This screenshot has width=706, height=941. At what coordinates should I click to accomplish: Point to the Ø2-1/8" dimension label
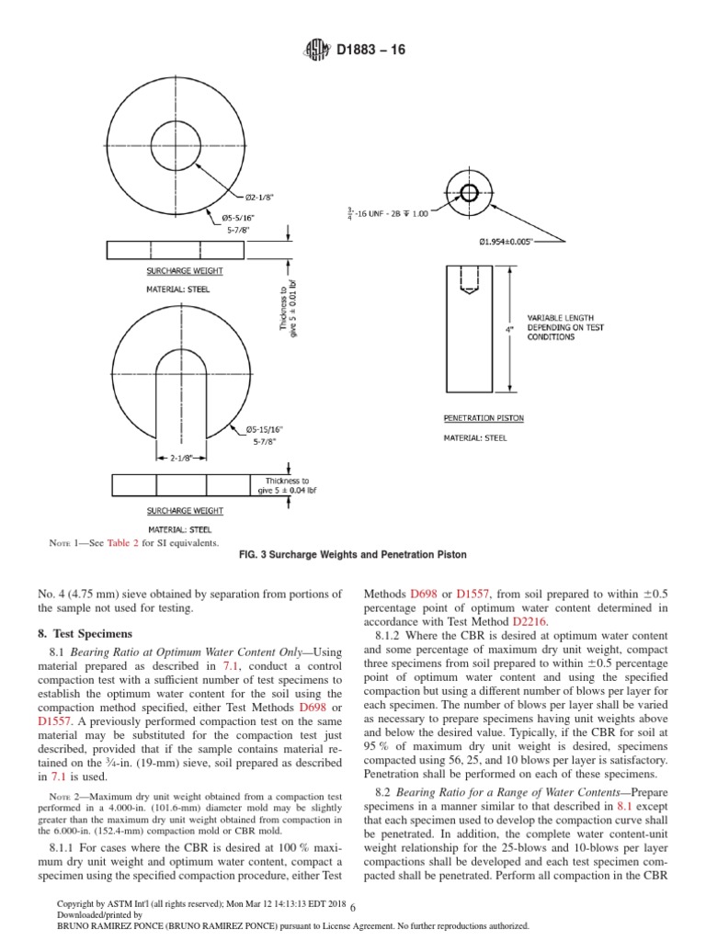(261, 196)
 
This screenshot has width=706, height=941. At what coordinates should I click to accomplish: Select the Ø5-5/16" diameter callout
(237, 217)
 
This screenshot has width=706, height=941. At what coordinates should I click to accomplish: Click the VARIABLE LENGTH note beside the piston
(563, 326)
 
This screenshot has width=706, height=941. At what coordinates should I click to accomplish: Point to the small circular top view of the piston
(469, 193)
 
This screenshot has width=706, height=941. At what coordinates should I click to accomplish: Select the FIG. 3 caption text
(353, 555)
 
